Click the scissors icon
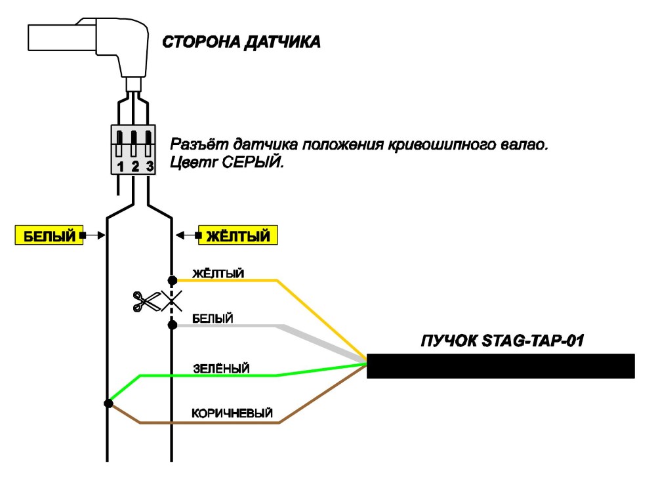pos(146,301)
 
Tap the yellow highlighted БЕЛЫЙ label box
pos(49,235)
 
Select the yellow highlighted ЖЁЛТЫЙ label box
pos(237,235)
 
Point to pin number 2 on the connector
pos(134,167)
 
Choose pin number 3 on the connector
pos(150,167)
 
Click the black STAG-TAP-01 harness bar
pos(501,366)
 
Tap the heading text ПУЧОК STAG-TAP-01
pos(502,341)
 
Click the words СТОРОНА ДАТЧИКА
pos(241,42)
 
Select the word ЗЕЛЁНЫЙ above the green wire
pos(221,369)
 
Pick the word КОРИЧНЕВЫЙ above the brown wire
pos(232,413)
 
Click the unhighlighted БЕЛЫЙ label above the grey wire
pos(213,318)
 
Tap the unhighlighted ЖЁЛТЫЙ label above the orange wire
pos(218,274)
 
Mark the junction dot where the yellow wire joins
pos(172,280)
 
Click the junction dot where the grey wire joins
pos(172,325)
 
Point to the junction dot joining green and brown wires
pos(108,404)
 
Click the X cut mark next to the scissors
pos(172,301)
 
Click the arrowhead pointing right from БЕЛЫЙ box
pos(101,236)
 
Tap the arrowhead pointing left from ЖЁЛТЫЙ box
pos(180,236)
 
